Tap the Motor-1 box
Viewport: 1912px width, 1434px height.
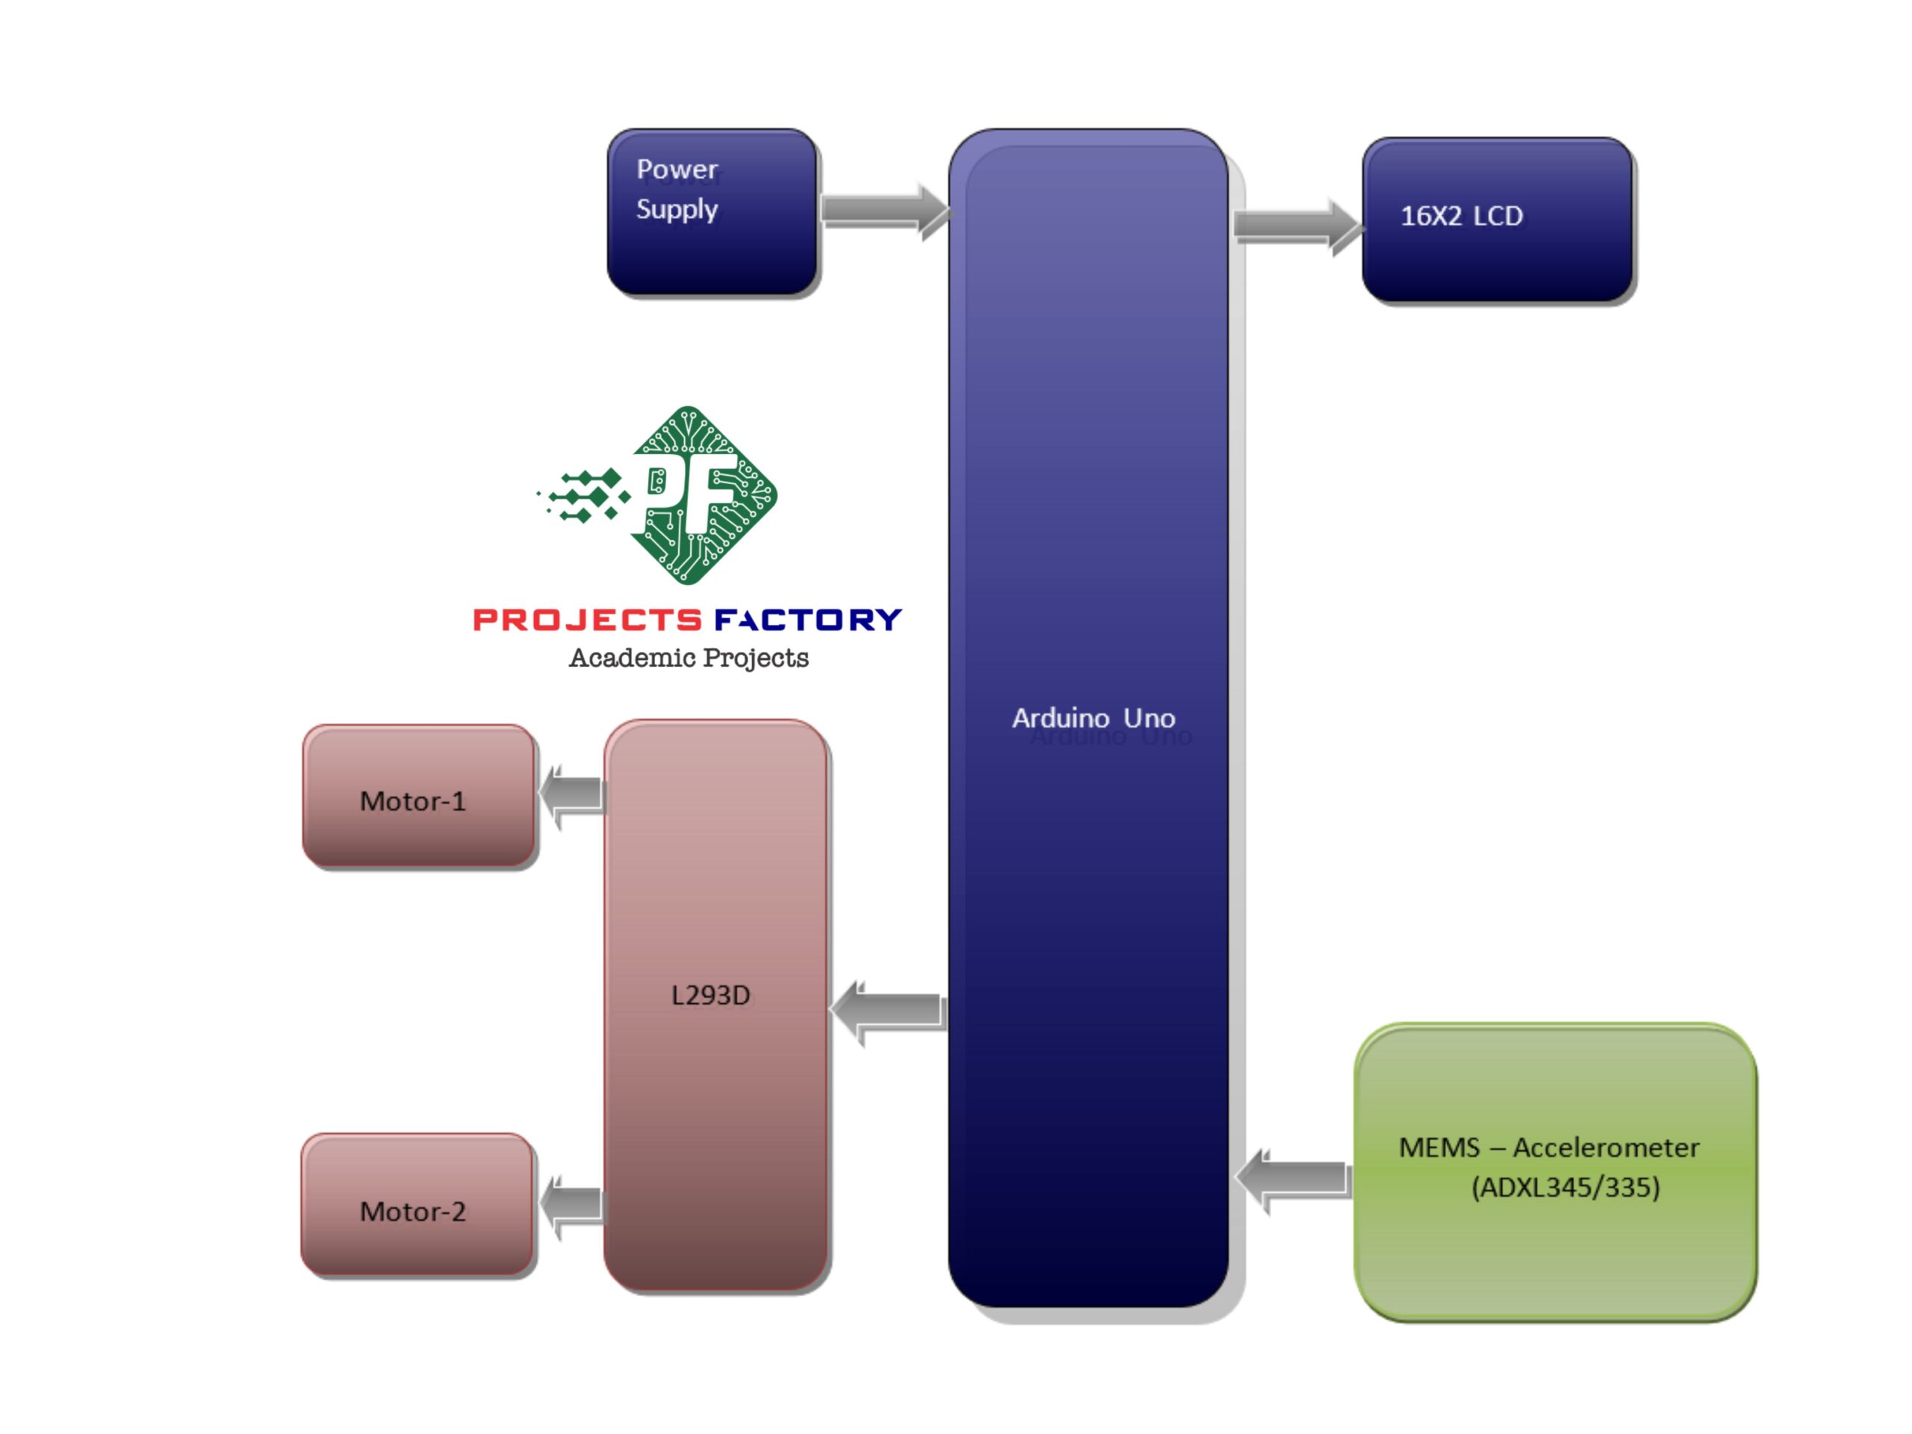418,796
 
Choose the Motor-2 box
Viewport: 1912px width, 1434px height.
418,1205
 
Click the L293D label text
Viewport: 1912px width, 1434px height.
710,996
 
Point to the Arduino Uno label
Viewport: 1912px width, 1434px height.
1093,718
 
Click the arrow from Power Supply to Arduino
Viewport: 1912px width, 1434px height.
884,210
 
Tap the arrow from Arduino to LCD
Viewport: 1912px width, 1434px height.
1295,226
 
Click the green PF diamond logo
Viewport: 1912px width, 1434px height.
702,495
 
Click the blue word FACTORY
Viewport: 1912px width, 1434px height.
808,620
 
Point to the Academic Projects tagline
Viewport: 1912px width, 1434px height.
689,658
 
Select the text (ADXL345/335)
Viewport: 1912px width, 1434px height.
1565,1188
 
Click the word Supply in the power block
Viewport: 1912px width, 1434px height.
677,209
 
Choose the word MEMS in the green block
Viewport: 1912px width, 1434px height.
1439,1148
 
